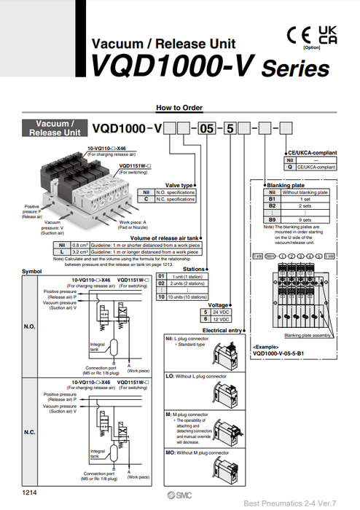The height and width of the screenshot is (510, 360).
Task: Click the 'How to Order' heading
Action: tap(179, 107)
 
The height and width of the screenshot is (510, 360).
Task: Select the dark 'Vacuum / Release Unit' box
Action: tap(55, 128)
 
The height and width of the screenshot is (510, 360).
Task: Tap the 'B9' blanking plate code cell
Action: tap(271, 218)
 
